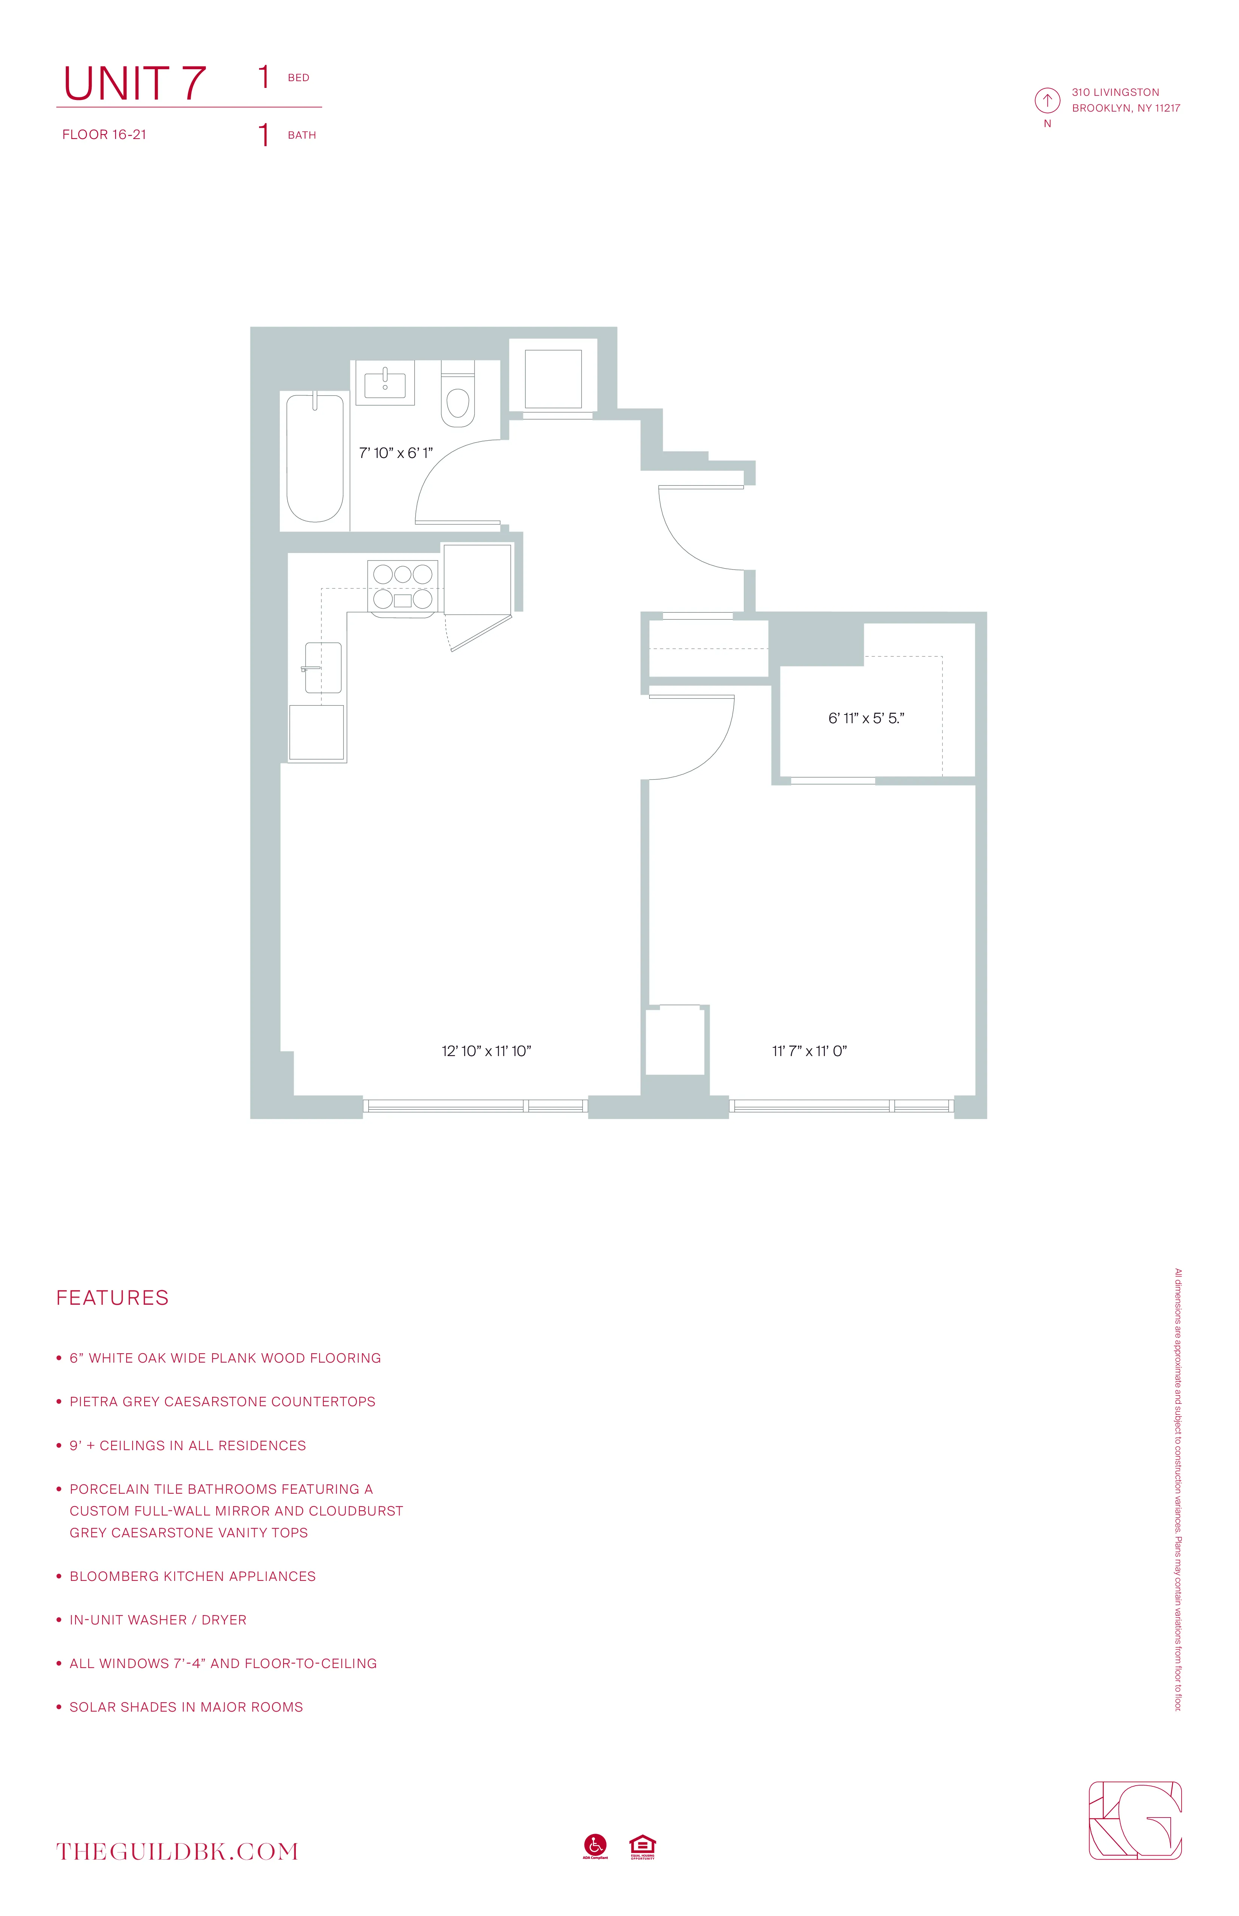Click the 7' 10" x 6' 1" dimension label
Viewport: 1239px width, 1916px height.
click(396, 453)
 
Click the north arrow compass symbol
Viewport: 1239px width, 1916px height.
click(1047, 101)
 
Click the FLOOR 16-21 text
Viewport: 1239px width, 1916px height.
click(105, 134)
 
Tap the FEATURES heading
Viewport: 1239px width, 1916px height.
click(113, 1298)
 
